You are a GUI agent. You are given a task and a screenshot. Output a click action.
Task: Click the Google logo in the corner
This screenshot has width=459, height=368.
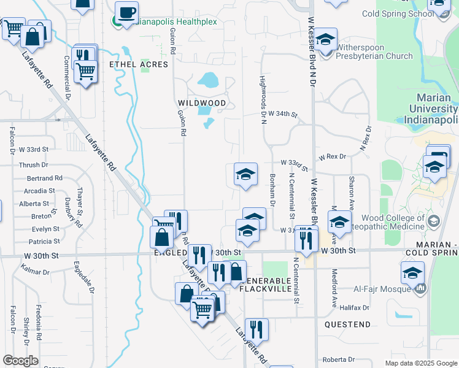coord(21,361)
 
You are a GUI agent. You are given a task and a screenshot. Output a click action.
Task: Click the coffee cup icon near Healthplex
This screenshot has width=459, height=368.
coord(127,13)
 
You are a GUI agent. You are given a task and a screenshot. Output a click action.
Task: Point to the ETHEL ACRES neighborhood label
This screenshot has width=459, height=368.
coord(138,64)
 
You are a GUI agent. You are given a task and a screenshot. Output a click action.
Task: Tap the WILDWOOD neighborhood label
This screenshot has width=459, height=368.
coord(202,103)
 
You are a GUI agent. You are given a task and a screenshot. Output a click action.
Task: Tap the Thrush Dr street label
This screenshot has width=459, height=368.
coord(33,165)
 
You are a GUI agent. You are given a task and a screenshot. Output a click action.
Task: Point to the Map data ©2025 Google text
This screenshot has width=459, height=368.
coord(421,363)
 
